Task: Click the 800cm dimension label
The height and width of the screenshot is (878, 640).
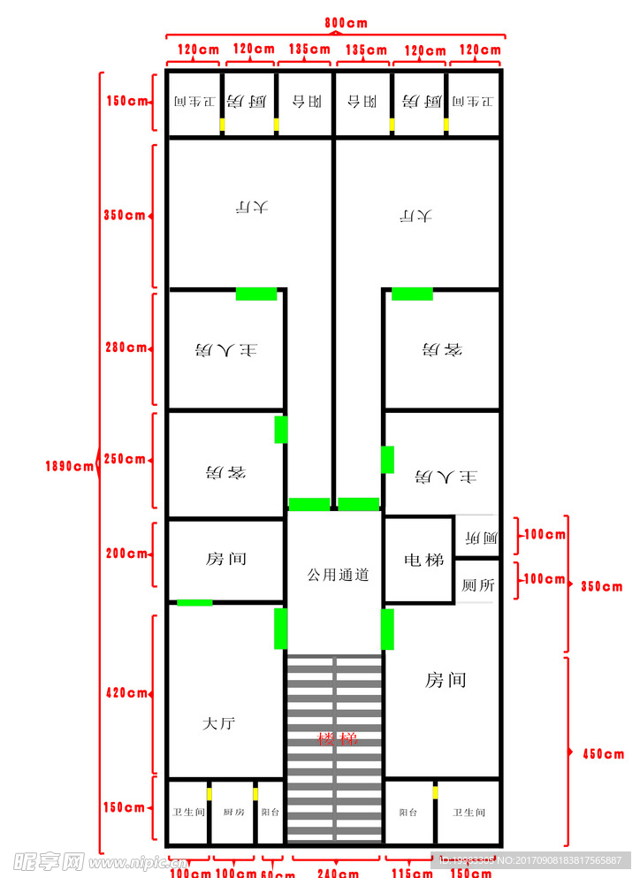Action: click(346, 22)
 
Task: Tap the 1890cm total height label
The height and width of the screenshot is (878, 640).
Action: click(70, 466)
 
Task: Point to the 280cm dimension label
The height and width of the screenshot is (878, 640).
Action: click(126, 347)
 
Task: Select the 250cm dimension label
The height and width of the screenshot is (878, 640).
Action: click(126, 459)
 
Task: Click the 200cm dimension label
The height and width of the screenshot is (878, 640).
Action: click(126, 554)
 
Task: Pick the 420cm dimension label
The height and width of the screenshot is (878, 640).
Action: click(126, 693)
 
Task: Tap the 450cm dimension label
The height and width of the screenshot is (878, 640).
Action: click(603, 754)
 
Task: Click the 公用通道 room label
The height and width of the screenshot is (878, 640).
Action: click(338, 575)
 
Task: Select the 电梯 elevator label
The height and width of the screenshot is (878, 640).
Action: click(419, 560)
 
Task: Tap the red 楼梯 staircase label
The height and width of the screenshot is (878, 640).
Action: click(338, 738)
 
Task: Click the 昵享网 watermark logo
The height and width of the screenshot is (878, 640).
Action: click(49, 860)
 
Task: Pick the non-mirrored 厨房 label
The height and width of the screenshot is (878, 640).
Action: click(233, 812)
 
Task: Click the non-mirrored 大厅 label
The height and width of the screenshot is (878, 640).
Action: click(218, 723)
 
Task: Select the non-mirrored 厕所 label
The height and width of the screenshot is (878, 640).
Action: click(477, 585)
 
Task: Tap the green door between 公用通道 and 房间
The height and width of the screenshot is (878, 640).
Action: click(387, 629)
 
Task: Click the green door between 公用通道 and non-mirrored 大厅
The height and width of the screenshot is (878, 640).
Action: click(280, 629)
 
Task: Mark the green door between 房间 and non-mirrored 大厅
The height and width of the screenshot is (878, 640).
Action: click(194, 603)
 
